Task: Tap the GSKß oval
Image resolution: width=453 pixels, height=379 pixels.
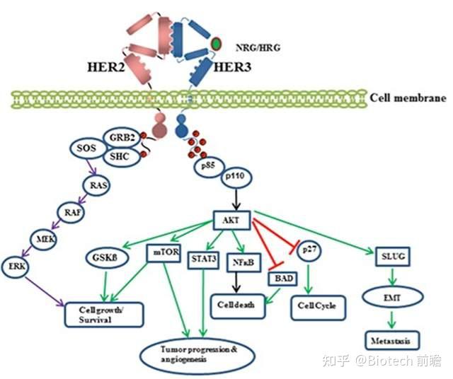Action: click(103, 257)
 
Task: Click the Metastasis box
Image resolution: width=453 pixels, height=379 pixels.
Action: click(392, 339)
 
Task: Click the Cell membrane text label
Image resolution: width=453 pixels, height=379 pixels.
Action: click(408, 98)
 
